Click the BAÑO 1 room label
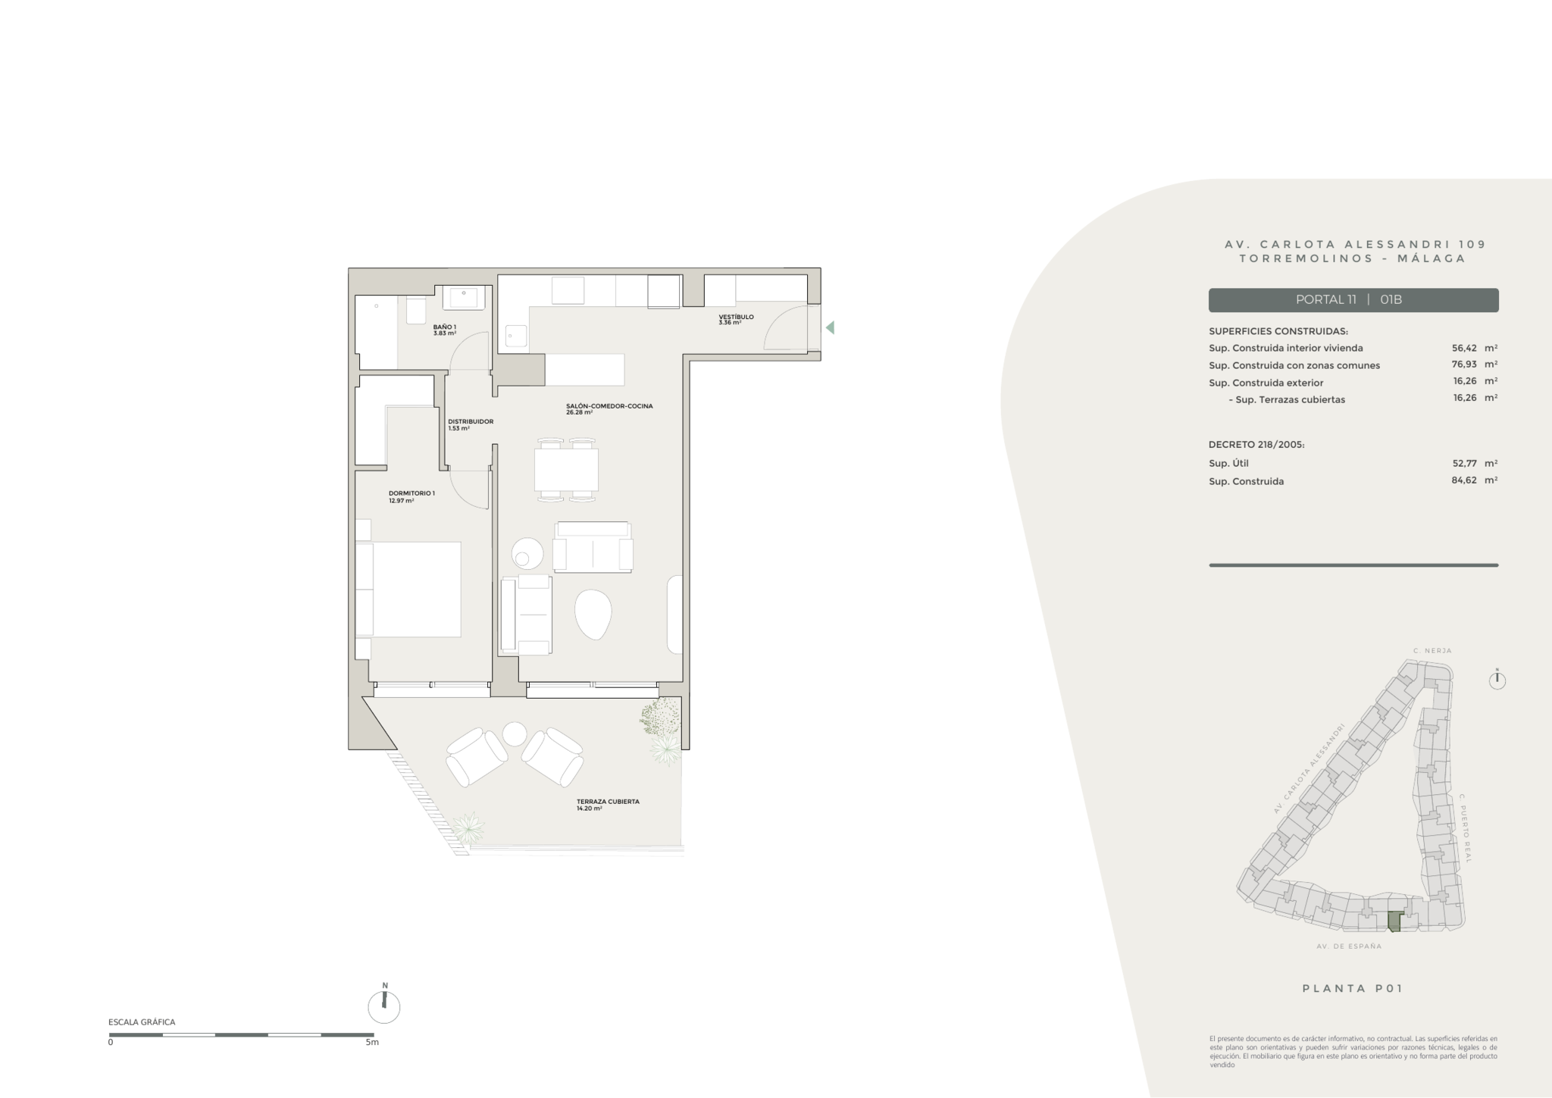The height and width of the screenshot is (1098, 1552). (445, 330)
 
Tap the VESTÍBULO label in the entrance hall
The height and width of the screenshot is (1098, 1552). (736, 319)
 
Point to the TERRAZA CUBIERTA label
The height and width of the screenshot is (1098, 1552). (608, 805)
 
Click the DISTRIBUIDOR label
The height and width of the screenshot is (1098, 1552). (471, 424)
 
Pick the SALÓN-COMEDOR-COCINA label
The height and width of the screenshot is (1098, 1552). (609, 409)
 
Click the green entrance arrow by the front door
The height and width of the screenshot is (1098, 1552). (830, 327)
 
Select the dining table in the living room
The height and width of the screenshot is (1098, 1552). (566, 470)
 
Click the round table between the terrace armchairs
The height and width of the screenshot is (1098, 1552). (515, 734)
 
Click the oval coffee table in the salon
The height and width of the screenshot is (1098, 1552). (593, 615)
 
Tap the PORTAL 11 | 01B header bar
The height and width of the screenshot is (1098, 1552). (1353, 300)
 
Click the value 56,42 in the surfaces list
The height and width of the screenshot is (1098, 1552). (1464, 348)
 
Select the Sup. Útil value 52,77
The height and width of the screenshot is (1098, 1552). (1464, 463)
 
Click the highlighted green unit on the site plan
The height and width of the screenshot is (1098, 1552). (1394, 921)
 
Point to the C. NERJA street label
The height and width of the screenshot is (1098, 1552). (1432, 651)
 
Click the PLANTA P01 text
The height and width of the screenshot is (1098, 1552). (1353, 988)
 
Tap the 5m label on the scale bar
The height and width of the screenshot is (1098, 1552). (371, 1043)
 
